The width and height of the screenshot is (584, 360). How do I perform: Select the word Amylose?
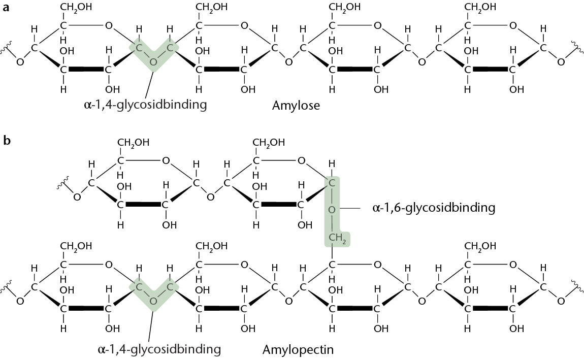point(296,106)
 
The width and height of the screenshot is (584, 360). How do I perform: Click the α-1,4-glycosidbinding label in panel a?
point(145,106)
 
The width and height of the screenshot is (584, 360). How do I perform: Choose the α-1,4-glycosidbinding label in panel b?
point(159,349)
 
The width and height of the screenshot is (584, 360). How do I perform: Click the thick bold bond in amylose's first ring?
point(86,69)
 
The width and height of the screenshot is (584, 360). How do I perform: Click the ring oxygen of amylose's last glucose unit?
point(513,25)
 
